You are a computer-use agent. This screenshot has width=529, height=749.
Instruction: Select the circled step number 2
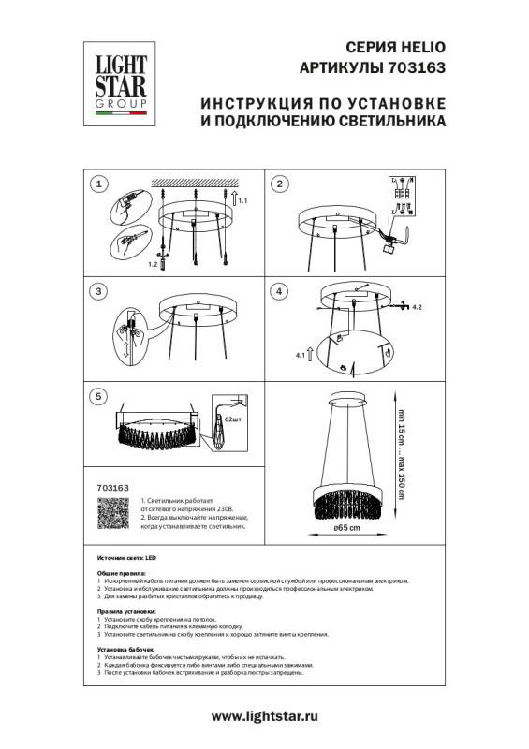(x=279, y=184)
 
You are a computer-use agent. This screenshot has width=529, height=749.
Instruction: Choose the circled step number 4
(x=279, y=291)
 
